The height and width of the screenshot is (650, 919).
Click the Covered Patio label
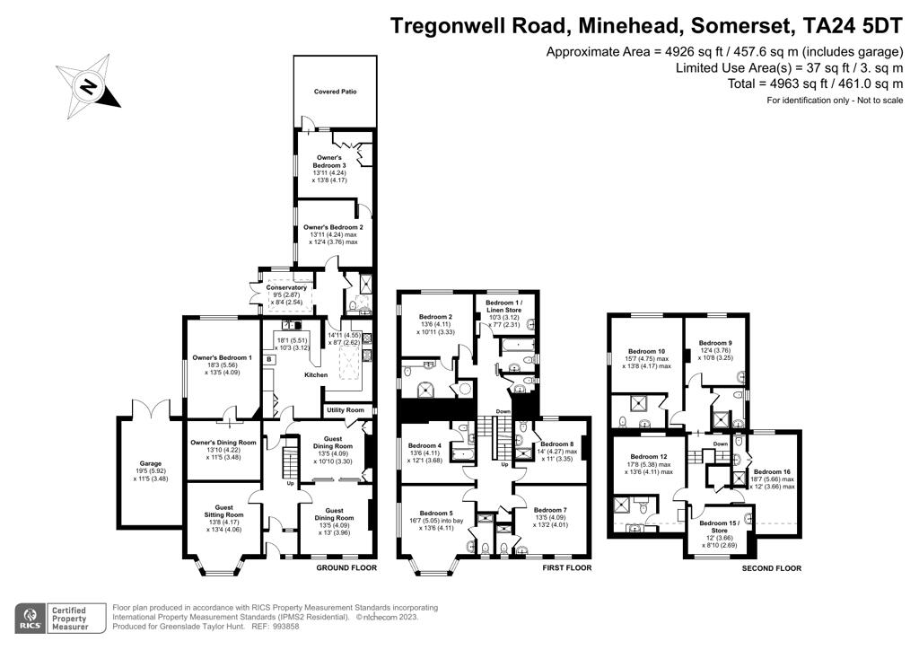coord(336,92)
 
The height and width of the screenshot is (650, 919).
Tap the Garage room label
coord(151,463)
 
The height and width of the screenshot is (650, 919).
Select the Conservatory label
coord(286,288)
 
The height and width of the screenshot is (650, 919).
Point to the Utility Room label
coord(346,410)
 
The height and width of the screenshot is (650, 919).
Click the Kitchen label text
coord(316,374)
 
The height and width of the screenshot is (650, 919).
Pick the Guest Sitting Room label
coord(223,511)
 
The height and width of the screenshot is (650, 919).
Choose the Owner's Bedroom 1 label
coord(223,357)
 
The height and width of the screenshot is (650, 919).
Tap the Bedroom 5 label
coord(436,514)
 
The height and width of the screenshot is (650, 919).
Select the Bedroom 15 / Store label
coord(719,526)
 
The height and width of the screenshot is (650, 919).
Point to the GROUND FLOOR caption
coord(346,568)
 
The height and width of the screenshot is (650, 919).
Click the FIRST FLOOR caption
coord(567,568)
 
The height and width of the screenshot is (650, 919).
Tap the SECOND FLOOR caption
coord(771,568)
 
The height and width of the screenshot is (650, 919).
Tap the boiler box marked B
coord(269,359)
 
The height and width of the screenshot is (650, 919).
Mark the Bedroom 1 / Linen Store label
coord(503,306)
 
